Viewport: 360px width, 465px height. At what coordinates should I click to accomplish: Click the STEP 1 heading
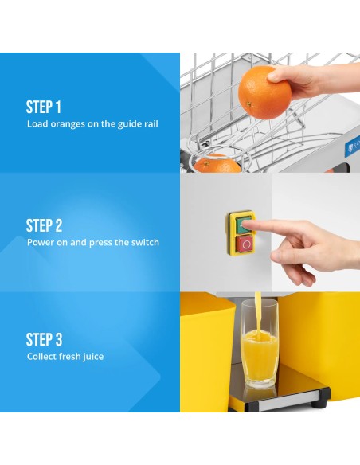point(44,107)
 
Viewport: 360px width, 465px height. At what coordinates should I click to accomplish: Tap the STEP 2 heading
point(44,225)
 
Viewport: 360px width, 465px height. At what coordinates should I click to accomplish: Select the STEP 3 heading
point(44,339)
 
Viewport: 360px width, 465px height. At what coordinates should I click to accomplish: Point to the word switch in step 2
point(145,242)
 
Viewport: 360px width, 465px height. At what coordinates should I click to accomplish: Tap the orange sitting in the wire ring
point(217,164)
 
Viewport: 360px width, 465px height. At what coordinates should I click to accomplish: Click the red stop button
point(245,244)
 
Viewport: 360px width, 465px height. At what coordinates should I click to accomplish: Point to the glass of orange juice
point(260,343)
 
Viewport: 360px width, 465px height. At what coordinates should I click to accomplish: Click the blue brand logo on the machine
point(352,147)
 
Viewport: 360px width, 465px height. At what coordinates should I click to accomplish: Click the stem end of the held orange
point(249,104)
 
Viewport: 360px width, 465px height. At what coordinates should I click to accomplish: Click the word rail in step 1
point(151,123)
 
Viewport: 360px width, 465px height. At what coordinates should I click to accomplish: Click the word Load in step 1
point(37,123)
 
